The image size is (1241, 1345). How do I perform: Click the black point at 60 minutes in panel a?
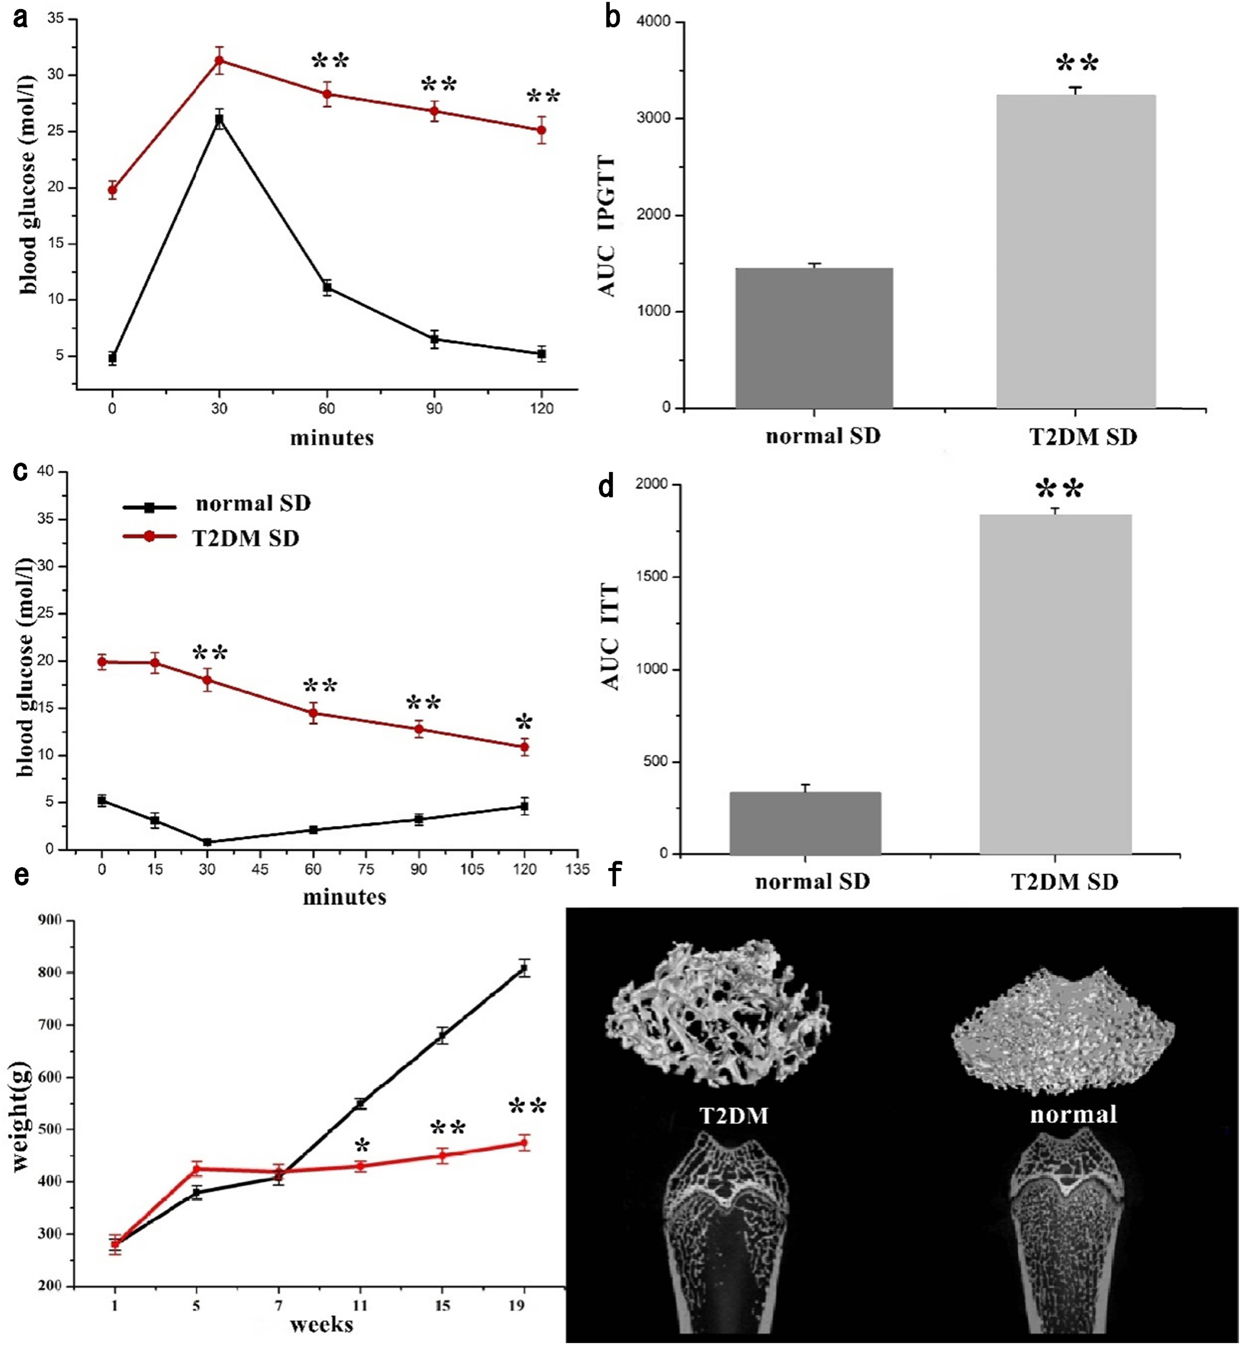pyautogui.click(x=327, y=288)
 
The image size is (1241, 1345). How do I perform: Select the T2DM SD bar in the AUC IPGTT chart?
pyautogui.click(x=1076, y=252)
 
